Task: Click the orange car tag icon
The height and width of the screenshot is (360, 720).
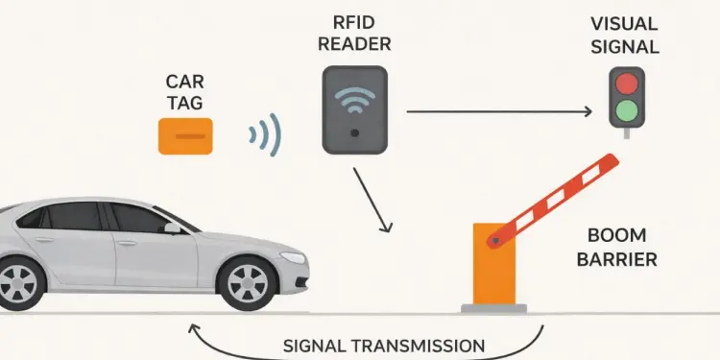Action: coord(185,135)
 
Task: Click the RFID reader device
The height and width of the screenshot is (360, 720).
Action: coord(355,110)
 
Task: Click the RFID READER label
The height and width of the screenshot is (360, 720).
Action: coord(355,31)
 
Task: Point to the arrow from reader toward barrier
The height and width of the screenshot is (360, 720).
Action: coord(372,200)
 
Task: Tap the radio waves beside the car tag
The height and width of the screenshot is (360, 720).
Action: coord(266,136)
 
